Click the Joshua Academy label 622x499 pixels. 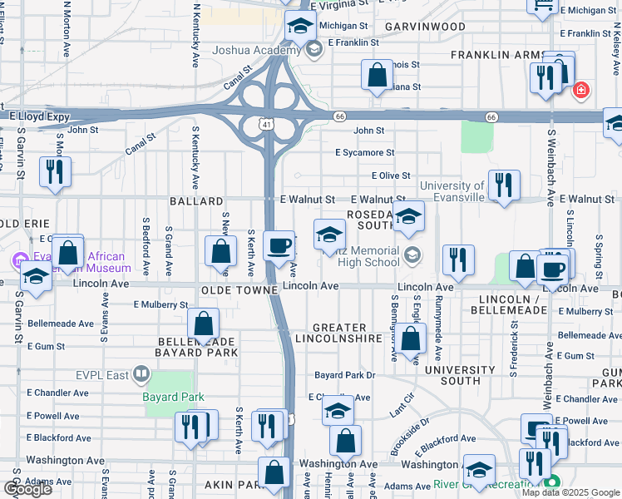click(x=254, y=50)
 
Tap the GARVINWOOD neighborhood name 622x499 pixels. click(x=425, y=27)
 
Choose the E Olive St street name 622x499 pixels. click(x=391, y=175)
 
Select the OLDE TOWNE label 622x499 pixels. click(x=239, y=290)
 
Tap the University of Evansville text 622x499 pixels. click(x=452, y=191)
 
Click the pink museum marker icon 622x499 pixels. click(x=19, y=261)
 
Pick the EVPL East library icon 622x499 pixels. click(x=140, y=376)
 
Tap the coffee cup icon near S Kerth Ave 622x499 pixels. click(x=279, y=245)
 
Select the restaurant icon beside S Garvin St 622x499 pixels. click(x=55, y=171)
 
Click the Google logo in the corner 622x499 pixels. click(x=27, y=489)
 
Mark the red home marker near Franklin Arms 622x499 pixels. click(x=581, y=90)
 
